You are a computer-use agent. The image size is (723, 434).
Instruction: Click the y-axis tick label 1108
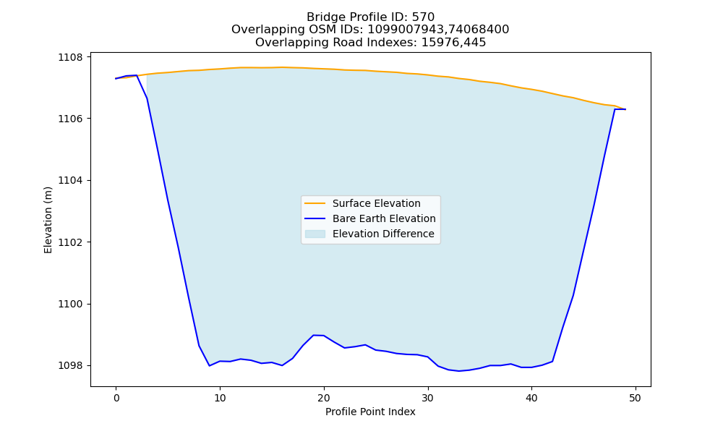click(x=70, y=57)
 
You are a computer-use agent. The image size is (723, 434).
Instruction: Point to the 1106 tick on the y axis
click(x=70, y=119)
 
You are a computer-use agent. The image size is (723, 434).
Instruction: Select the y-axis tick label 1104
click(x=70, y=180)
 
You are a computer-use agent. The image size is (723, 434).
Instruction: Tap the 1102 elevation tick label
click(x=70, y=242)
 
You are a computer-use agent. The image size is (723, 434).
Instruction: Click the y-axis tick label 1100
click(x=70, y=304)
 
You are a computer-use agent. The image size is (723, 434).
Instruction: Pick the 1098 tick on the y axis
click(x=70, y=366)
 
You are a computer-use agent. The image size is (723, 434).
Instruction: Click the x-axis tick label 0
click(x=116, y=398)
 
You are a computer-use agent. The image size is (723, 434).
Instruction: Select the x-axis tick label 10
click(x=220, y=398)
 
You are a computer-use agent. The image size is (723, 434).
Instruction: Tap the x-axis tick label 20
click(x=324, y=398)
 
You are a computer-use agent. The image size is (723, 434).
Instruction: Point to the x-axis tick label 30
click(x=428, y=398)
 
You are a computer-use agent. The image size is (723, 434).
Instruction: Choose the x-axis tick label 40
click(x=531, y=398)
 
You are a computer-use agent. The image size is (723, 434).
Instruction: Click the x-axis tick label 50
click(x=636, y=398)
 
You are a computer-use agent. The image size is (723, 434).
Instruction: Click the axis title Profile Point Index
click(x=370, y=412)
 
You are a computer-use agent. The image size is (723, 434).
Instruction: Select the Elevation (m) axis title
click(x=48, y=220)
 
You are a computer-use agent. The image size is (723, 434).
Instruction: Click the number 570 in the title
click(x=424, y=17)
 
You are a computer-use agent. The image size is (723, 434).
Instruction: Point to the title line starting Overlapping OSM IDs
click(x=370, y=30)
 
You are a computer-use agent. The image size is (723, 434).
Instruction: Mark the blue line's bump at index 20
click(x=319, y=336)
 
